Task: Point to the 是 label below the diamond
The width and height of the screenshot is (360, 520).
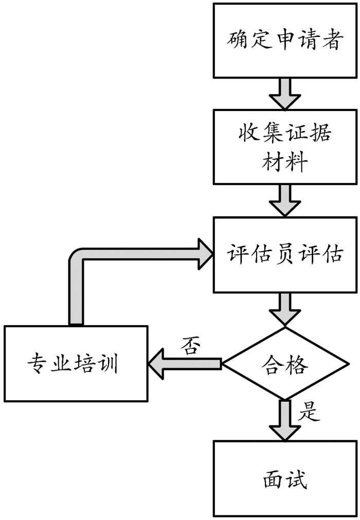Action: [309, 412]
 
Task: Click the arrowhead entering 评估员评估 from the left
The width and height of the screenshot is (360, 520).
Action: [203, 253]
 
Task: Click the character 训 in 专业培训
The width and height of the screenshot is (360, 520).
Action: [109, 364]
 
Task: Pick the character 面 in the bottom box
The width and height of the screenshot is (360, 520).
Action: [271, 479]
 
